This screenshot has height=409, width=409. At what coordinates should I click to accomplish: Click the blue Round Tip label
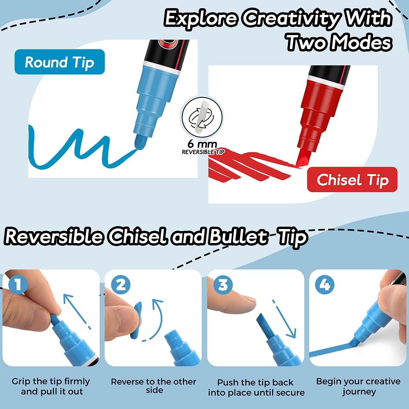point(59,62)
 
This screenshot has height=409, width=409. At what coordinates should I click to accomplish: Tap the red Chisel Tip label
point(352,180)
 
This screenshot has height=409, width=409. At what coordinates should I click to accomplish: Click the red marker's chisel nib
point(301,158)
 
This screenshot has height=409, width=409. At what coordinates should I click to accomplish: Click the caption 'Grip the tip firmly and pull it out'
point(51,387)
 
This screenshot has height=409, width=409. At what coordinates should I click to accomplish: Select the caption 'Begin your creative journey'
point(358,387)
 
